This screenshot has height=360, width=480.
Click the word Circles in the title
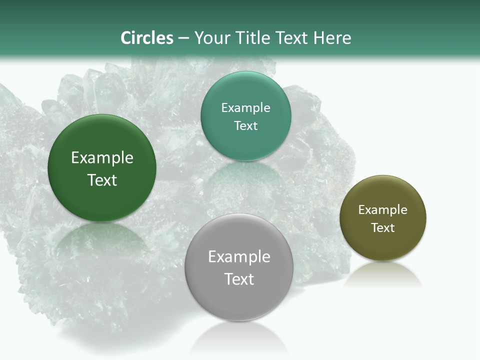pos(147,38)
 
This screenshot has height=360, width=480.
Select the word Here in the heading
pos(332,38)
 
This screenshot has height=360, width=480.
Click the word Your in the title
pos(211,38)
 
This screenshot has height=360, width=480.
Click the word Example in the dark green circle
pos(102,158)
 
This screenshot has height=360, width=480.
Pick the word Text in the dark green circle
pos(102,180)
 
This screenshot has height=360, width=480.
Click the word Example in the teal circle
pos(245,108)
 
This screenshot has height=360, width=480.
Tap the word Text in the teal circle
pos(245,125)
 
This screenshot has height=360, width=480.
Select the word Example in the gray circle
pos(239,257)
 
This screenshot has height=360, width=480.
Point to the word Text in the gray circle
pos(239,279)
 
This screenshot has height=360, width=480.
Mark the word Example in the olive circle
pos(382,210)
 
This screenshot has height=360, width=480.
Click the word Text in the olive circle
pos(382,227)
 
